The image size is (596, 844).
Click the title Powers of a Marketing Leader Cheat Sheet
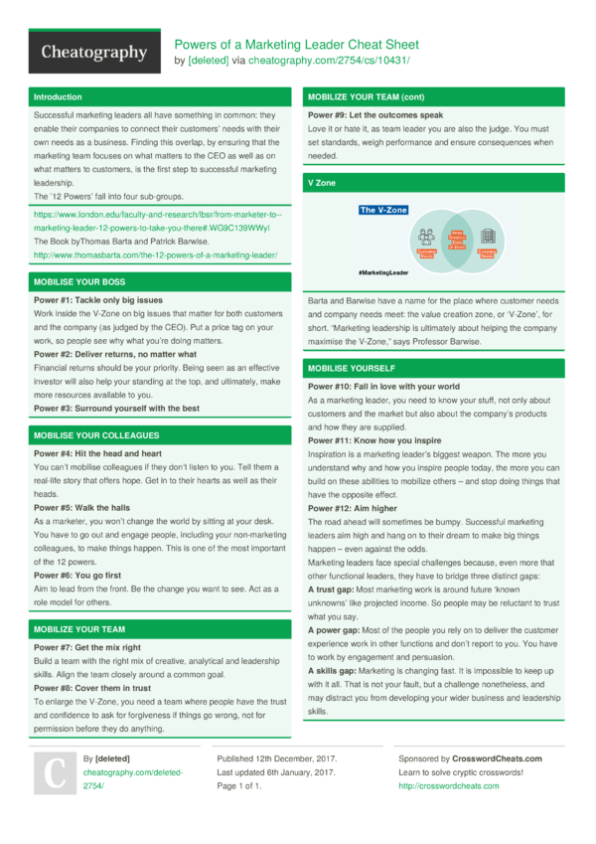point(297,45)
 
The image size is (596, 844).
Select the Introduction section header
point(58,97)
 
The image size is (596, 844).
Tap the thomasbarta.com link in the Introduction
point(155,254)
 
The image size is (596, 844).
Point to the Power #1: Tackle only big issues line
point(98,300)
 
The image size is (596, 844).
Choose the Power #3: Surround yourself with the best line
point(116,409)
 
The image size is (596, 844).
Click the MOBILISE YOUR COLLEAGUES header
point(96,435)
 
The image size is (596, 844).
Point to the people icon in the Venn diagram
point(427,237)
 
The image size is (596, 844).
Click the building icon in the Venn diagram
point(488,237)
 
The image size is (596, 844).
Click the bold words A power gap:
point(337,629)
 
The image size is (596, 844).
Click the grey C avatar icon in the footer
point(57,771)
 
